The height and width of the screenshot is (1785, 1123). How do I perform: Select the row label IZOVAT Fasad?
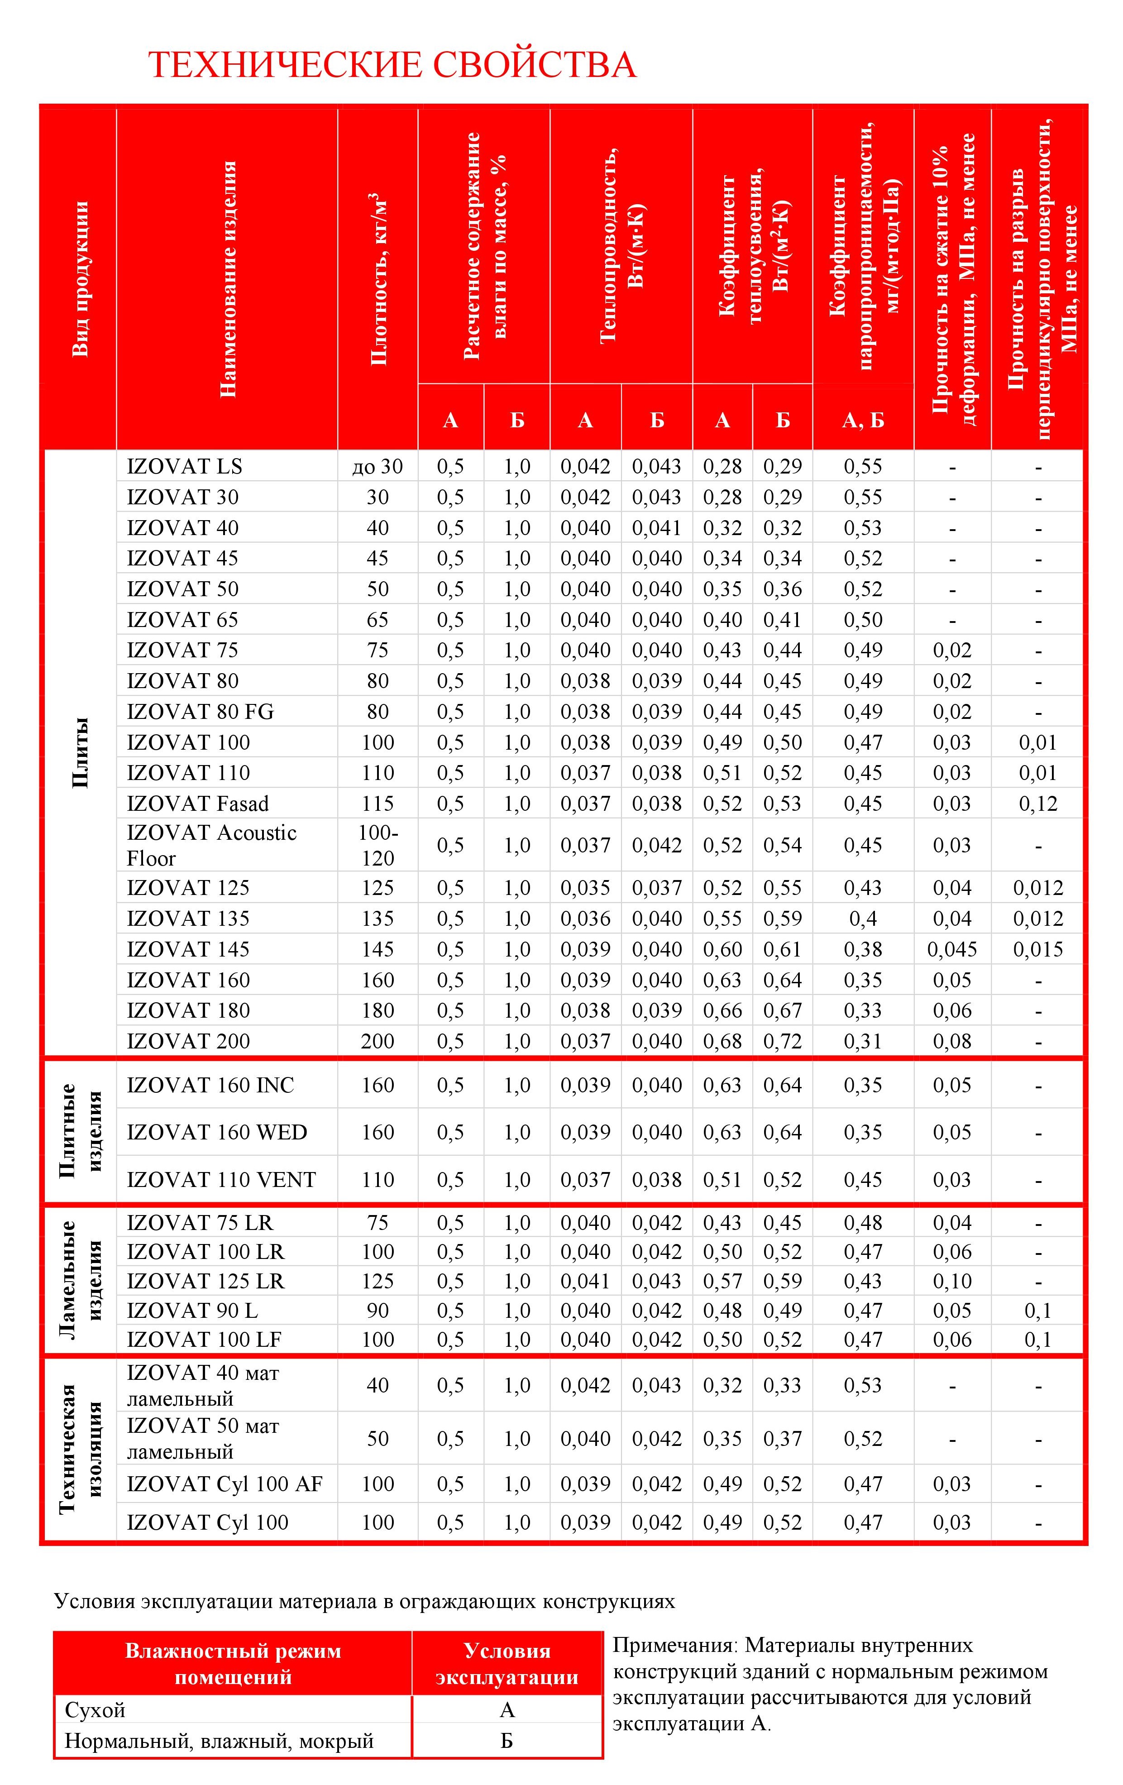[197, 804]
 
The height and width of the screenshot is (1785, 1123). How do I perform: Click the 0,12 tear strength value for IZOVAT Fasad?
[1038, 804]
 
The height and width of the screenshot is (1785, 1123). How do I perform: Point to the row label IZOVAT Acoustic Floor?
[211, 845]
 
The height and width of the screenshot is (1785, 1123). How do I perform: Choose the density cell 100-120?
[378, 845]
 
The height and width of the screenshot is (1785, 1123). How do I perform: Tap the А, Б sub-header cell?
[863, 420]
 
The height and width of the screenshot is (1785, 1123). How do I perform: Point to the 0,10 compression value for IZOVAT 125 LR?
[952, 1281]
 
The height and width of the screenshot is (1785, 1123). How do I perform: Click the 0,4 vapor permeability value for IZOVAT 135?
[863, 919]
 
